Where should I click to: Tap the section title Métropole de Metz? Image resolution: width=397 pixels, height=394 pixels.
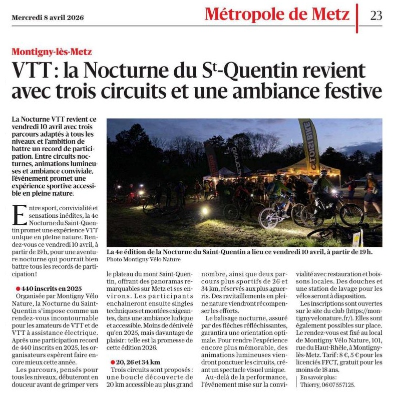pos(277,15)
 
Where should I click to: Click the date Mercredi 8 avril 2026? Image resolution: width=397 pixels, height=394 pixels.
pos(48,18)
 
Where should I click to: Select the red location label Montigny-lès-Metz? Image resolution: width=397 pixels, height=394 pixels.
pos(52,52)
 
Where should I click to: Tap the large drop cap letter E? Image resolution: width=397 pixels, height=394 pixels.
pos(20,214)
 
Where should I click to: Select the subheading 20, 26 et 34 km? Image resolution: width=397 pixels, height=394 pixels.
pos(136,362)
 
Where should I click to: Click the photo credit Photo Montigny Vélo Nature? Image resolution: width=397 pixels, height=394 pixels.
pos(143,260)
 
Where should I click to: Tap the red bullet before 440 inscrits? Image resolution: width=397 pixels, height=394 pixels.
pos(18,289)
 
